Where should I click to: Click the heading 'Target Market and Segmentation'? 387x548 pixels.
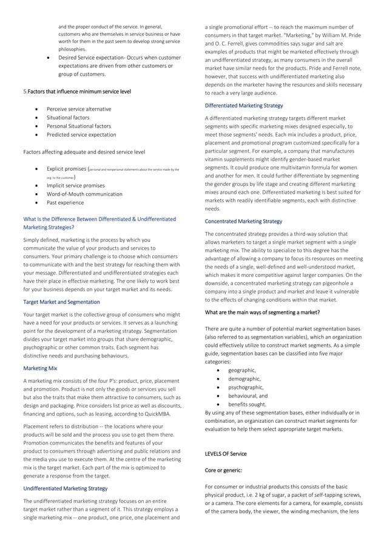point(61,301)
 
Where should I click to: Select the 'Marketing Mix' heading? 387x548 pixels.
point(40,368)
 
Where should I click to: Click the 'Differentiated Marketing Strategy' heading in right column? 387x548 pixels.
point(243,105)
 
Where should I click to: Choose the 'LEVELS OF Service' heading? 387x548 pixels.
point(226,454)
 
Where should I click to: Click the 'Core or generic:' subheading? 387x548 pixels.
point(224,470)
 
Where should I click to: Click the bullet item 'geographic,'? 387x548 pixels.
point(241,370)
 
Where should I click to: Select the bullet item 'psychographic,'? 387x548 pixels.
point(245,386)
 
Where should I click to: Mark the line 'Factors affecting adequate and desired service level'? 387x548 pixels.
point(84,151)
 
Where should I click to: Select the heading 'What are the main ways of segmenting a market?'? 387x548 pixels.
point(262,312)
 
